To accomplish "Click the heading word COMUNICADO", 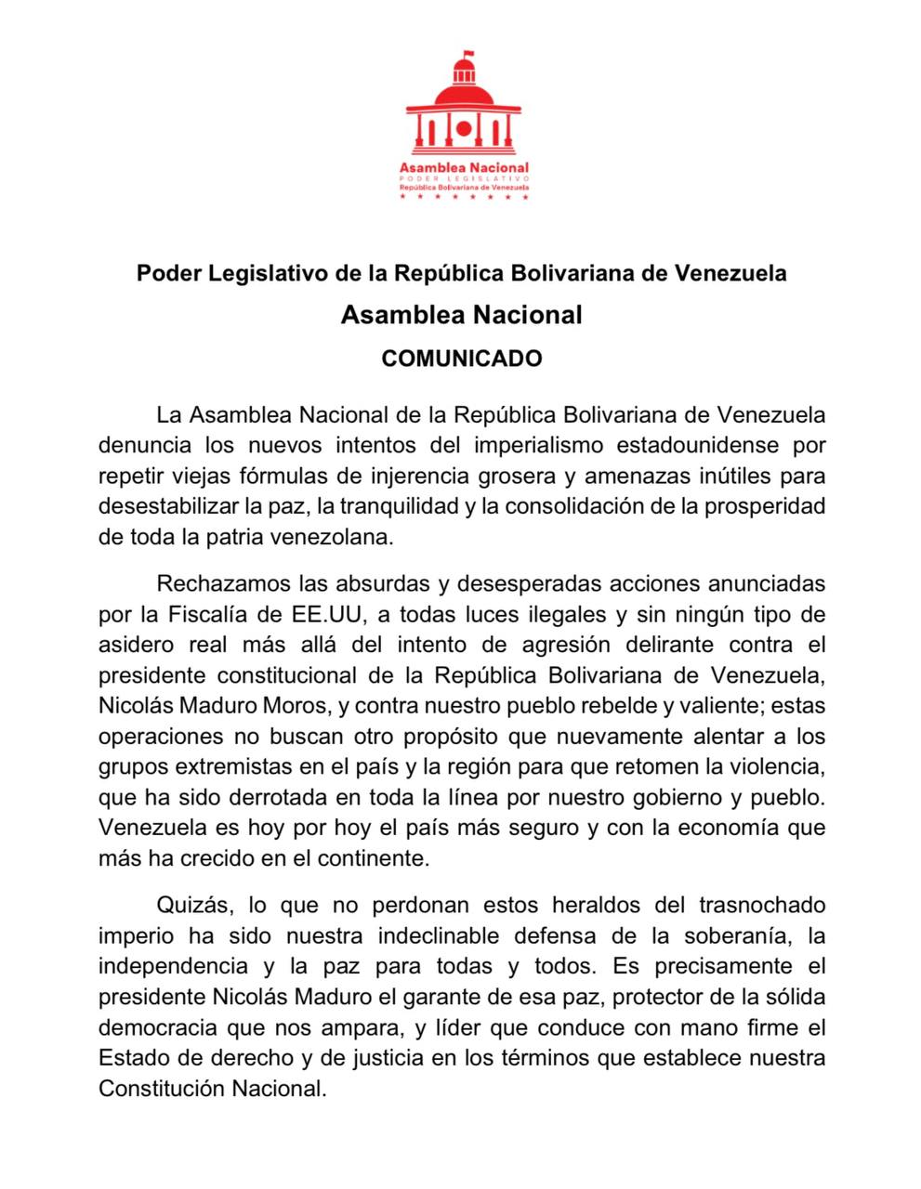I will [x=461, y=359].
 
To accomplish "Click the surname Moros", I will [x=295, y=706].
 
